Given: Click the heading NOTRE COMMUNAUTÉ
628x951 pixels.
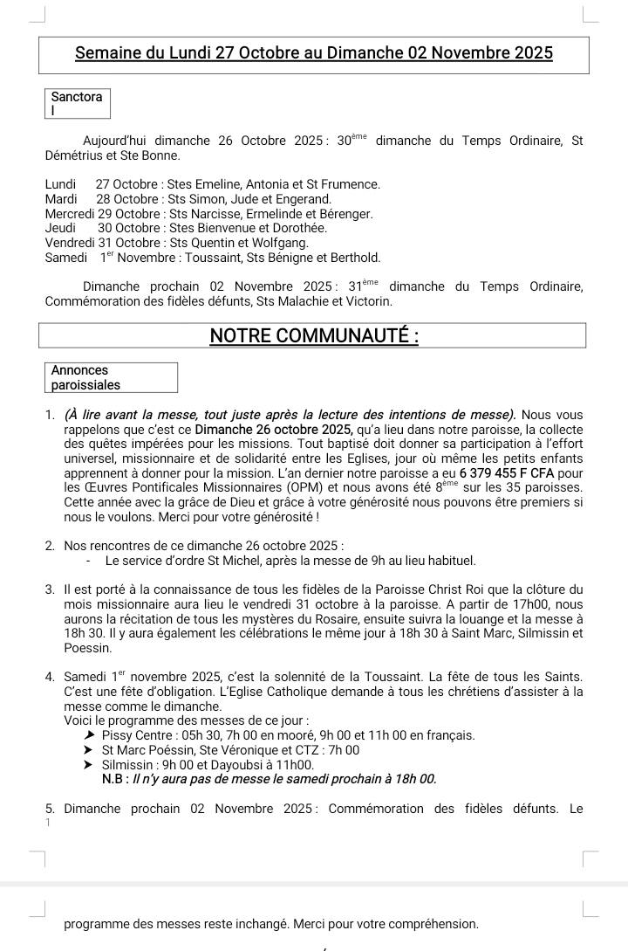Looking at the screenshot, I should (x=314, y=336).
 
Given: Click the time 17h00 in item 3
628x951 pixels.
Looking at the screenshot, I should (x=515, y=604).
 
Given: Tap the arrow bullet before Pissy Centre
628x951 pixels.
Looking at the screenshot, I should (x=89, y=735).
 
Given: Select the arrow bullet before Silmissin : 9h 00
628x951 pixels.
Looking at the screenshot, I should (x=89, y=764).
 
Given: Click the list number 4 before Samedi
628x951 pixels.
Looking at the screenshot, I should (x=50, y=677).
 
